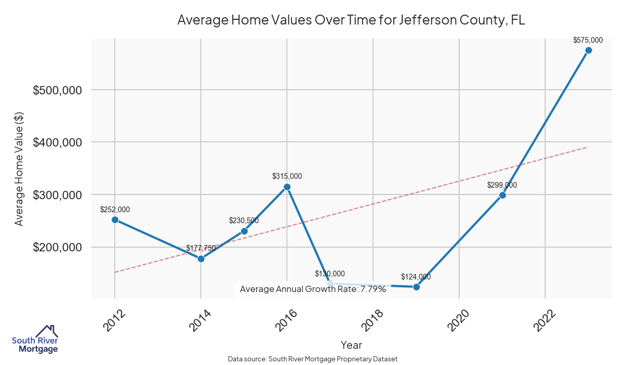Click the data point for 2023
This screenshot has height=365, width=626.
[588, 50]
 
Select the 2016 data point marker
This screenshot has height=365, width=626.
[287, 187]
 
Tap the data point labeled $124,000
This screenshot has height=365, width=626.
[416, 287]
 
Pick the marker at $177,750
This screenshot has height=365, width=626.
[201, 259]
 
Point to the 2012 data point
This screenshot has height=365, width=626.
[115, 220]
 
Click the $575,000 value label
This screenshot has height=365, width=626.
[588, 40]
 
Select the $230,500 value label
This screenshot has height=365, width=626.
[244, 221]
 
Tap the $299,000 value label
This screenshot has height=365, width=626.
[502, 185]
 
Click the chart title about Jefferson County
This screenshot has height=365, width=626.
[351, 20]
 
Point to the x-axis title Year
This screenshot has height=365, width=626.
[351, 345]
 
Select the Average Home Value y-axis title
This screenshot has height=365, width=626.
[19, 168]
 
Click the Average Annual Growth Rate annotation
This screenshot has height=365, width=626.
[313, 289]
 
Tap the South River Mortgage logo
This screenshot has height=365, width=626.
[35, 339]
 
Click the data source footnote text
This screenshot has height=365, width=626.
[313, 359]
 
